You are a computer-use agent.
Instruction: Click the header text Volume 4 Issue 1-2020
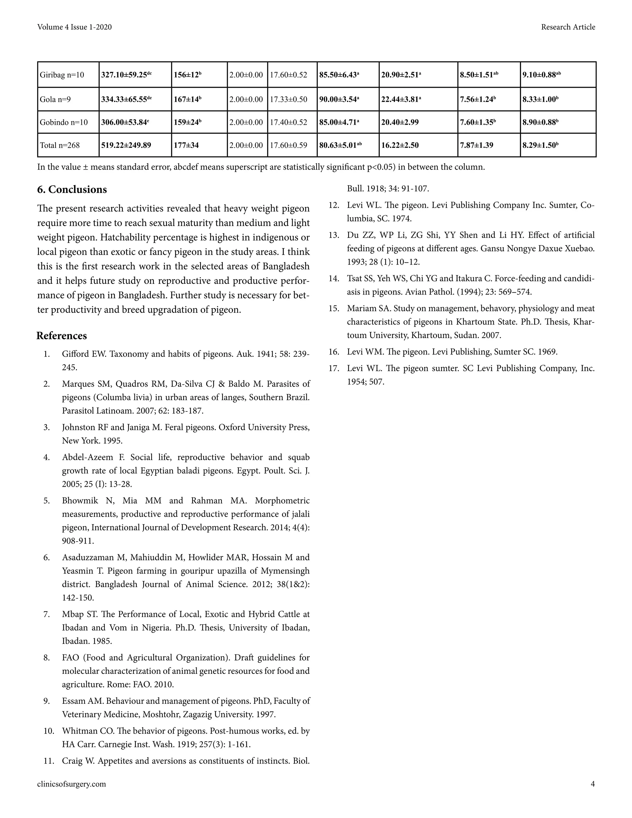point(74,27)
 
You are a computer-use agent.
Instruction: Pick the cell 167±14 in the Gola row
point(187,99)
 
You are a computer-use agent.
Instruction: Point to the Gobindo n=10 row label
point(64,123)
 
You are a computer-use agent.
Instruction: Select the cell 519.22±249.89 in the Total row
point(126,145)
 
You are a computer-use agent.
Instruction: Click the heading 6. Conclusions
point(72,190)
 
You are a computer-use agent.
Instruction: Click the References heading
point(62,336)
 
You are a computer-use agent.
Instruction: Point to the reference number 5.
point(46,501)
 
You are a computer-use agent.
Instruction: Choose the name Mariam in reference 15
point(360,308)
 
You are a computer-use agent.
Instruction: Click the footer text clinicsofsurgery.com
point(72,784)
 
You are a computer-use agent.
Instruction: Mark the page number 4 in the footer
point(592,784)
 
